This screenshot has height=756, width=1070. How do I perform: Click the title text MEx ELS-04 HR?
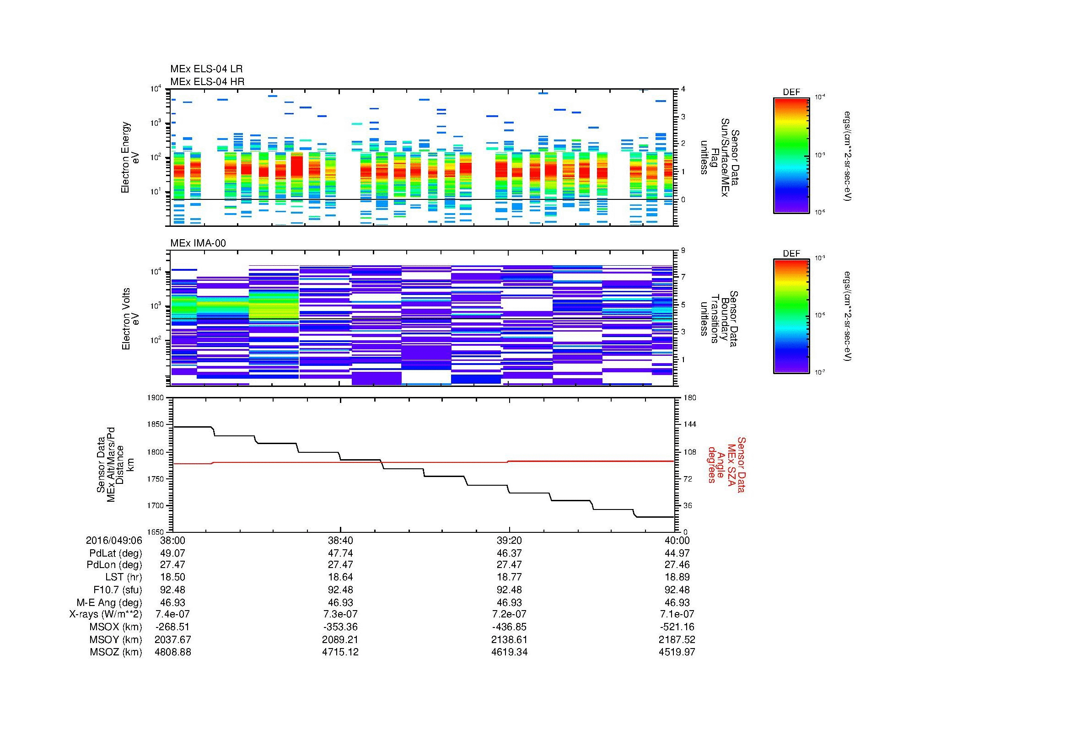207,82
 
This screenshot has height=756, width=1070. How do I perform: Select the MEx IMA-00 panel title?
198,243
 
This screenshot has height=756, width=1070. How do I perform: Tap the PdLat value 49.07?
172,553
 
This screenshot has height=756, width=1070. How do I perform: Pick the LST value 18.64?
341,577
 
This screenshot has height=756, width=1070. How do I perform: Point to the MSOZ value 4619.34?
509,652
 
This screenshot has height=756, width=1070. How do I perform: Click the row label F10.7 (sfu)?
118,590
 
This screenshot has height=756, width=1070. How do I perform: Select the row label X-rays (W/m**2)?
105,614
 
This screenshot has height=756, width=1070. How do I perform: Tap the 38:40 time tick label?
341,541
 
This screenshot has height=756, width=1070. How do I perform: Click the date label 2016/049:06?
114,541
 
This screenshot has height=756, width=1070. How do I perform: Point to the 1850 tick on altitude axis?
155,424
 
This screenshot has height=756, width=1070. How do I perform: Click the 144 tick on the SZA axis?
689,424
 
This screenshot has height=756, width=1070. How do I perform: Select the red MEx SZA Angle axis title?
726,464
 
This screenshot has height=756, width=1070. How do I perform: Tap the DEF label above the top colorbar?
791,92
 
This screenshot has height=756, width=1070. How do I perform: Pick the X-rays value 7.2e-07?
509,614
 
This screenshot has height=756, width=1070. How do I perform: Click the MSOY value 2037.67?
172,639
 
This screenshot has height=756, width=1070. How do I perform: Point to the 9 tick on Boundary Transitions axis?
683,251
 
